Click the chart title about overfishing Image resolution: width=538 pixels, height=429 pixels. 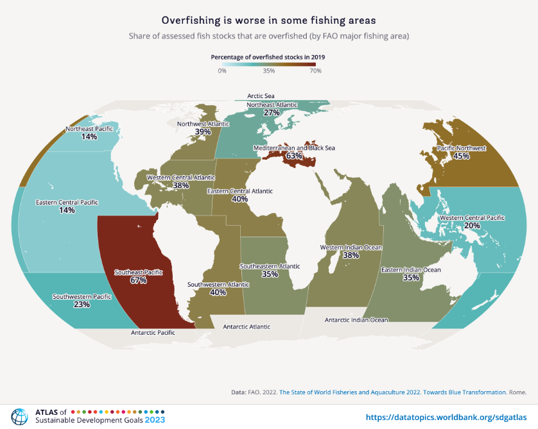268,21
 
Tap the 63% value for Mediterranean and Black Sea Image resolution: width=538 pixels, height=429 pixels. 295,156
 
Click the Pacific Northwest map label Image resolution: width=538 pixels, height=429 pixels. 462,148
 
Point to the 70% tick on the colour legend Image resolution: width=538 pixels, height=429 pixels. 315,71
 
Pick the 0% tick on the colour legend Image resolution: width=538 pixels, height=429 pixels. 222,71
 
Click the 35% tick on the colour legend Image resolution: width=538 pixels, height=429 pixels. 268,71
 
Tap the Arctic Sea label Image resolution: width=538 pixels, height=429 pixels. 261,96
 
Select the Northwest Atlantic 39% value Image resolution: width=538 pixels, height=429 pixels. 203,131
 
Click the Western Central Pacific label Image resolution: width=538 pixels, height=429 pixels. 472,218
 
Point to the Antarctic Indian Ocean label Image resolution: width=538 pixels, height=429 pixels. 356,319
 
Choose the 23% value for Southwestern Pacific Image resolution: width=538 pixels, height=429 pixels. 82,305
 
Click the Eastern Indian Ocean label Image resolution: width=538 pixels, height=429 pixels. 411,270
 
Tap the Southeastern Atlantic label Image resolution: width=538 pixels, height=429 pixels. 270,265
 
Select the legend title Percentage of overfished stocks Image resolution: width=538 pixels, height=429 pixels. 268,57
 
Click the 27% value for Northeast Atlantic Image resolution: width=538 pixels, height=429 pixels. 272,112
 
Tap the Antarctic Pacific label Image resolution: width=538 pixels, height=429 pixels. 153,333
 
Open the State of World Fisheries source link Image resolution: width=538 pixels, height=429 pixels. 393,391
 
